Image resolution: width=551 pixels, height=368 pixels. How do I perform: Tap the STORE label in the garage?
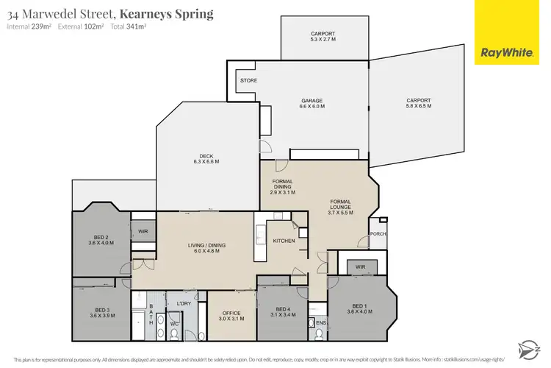(x=247, y=79)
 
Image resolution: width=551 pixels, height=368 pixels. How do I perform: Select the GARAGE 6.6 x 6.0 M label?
(x=311, y=104)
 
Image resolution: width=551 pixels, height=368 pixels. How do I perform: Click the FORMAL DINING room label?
(x=283, y=186)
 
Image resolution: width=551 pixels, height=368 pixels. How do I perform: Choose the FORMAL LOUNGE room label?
(x=340, y=207)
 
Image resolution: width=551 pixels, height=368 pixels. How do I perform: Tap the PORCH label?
(x=378, y=234)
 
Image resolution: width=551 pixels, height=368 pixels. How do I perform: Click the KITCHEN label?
(x=284, y=241)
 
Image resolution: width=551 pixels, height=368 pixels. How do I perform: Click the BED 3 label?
(x=101, y=312)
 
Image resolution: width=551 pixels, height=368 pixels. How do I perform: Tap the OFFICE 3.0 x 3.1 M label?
(x=231, y=316)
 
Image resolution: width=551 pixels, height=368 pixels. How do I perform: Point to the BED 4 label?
(x=283, y=312)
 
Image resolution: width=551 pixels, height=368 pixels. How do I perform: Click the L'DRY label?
(x=184, y=303)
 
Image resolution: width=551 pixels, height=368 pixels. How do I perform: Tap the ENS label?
(x=321, y=322)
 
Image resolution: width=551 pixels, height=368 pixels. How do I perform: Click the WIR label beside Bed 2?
(x=143, y=231)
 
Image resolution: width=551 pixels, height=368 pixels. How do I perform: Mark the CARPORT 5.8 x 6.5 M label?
(x=419, y=104)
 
